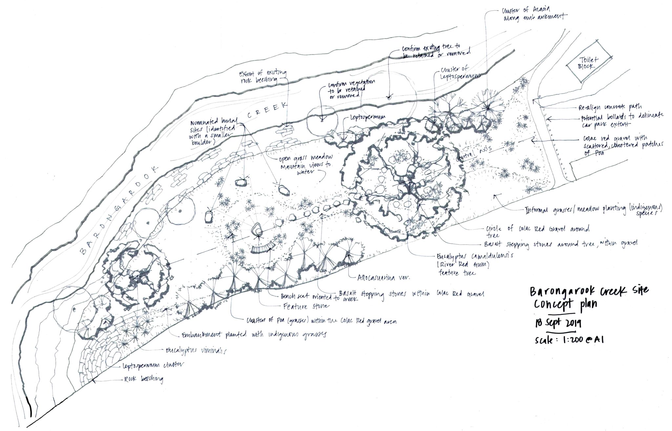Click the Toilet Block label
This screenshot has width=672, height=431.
(x=589, y=62)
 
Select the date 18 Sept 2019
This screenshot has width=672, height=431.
(x=557, y=323)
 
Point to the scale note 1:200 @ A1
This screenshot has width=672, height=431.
(x=569, y=340)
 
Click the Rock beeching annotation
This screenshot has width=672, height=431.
(x=143, y=379)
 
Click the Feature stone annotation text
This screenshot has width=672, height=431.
(x=305, y=306)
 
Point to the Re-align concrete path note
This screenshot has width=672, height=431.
(x=610, y=107)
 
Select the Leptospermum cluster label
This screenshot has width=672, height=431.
(x=153, y=365)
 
